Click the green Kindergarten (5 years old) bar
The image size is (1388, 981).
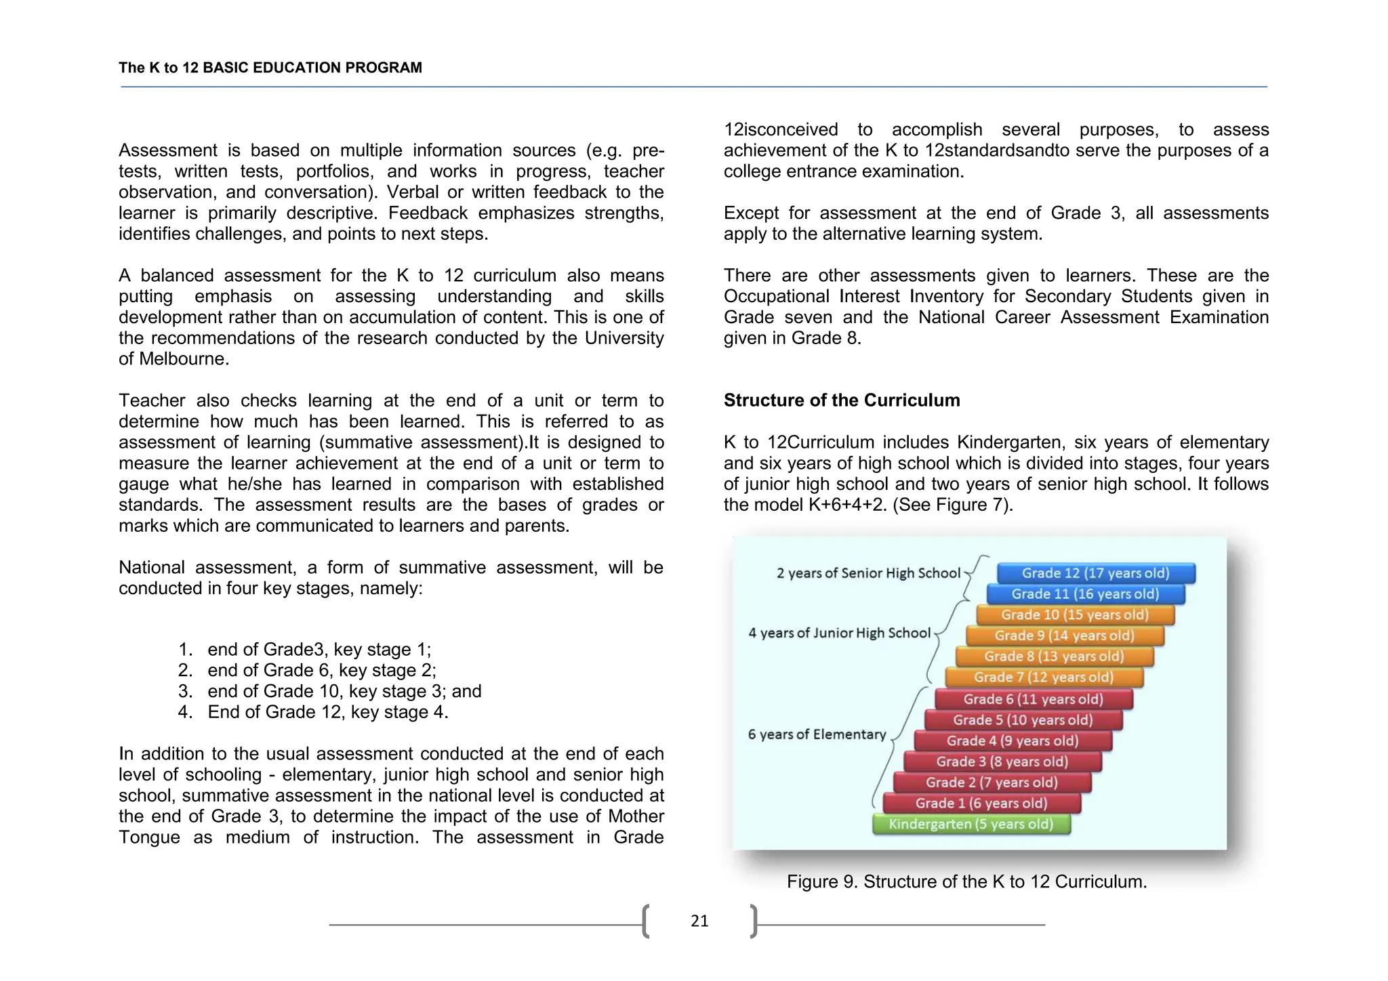pos(971,825)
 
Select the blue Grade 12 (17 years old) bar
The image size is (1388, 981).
pos(1095,573)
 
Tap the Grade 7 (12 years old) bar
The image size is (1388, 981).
pos(1044,677)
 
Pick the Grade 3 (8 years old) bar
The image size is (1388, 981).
pos(1002,761)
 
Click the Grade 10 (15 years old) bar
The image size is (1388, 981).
pos(1075,615)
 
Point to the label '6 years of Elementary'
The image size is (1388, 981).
pos(817,734)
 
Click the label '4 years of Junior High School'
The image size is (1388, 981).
pos(839,633)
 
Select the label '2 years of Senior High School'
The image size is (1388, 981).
pos(868,573)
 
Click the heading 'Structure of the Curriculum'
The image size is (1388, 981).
pos(841,400)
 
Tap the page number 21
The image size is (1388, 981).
pos(699,921)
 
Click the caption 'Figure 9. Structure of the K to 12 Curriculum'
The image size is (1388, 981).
pos(966,881)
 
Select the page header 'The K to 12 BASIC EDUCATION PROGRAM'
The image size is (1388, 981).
pos(270,68)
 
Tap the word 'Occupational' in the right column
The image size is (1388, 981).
pos(778,297)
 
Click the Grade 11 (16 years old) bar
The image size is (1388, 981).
pos(1085,594)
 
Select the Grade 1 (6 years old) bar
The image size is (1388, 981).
pos(981,803)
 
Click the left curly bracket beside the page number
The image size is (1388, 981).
pos(646,921)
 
